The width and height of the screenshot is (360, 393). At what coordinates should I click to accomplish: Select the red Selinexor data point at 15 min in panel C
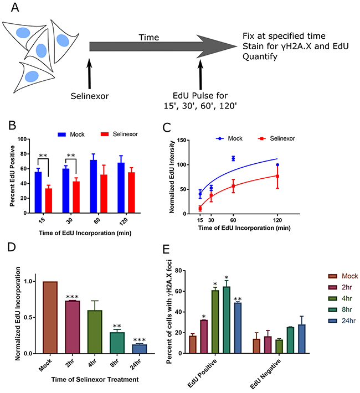point(200,208)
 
